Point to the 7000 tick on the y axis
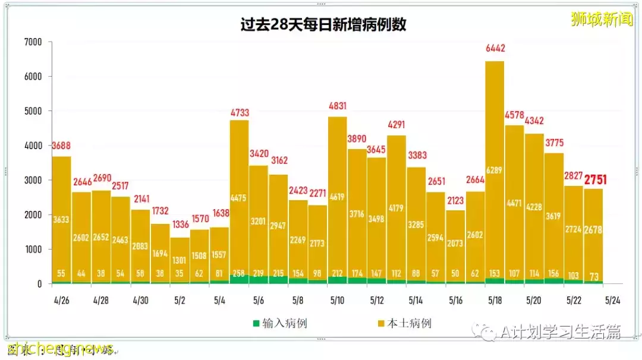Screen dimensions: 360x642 33,42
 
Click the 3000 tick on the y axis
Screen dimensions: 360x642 33,180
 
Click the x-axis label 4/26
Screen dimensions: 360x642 62,301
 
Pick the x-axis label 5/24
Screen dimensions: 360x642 613,301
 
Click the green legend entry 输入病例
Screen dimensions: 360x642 279,324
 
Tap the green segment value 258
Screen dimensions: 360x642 239,274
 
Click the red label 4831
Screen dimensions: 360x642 338,107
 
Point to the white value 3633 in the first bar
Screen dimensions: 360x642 61,219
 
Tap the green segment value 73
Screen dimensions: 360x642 593,276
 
